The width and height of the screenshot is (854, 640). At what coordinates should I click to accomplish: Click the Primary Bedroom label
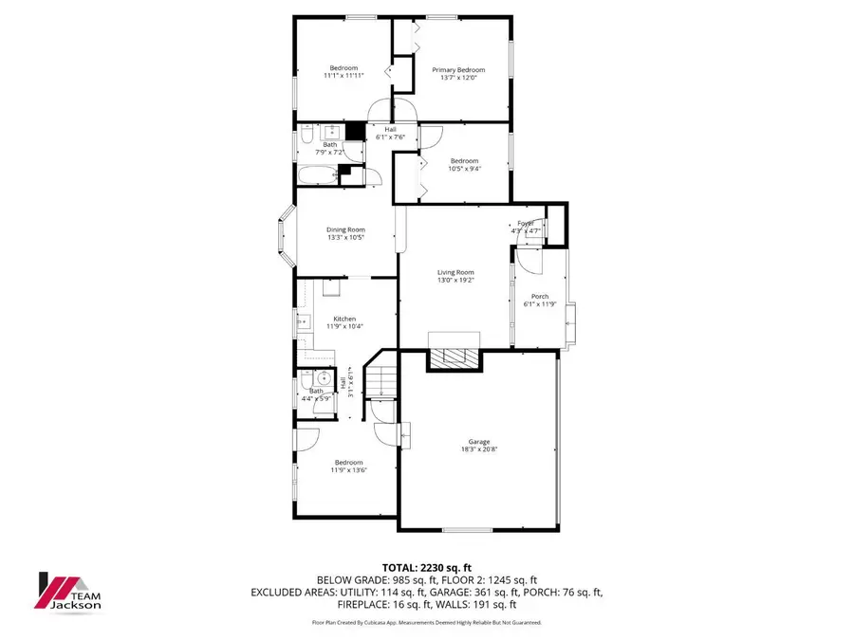pos(458,69)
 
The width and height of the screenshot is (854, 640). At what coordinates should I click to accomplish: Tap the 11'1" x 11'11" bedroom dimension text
pos(343,76)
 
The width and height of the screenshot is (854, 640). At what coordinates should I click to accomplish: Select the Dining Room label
pos(345,229)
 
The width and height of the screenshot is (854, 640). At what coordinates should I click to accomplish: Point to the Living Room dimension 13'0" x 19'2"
pos(455,281)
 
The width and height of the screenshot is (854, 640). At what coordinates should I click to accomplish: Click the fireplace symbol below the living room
pos(457,357)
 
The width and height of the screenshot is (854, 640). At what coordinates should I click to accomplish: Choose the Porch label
pos(540,296)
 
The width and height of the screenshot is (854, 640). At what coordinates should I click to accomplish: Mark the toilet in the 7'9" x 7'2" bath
pos(306,139)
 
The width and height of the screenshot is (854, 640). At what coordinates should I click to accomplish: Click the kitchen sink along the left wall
pos(304,322)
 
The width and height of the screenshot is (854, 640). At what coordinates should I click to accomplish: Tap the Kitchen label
pos(344,319)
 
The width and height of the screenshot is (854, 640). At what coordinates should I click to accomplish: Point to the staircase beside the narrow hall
pos(381,379)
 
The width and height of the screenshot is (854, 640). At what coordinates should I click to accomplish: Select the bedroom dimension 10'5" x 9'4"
pos(464,169)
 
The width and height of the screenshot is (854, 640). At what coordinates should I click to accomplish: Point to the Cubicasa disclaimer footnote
pos(427,622)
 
